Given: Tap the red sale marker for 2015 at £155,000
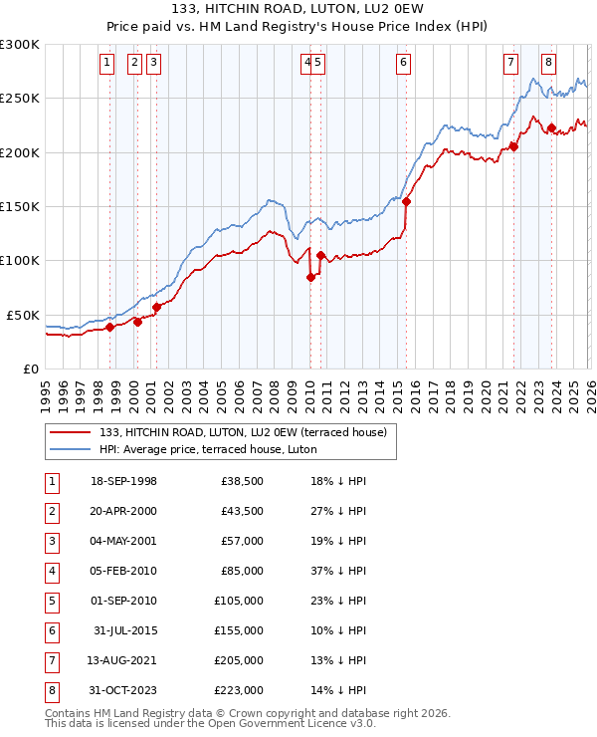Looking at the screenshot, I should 406,201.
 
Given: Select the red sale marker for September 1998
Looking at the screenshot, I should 109,327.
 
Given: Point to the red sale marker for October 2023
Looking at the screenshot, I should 551,127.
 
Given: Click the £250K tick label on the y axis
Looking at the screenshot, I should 19,99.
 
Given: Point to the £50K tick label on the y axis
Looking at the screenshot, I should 23,315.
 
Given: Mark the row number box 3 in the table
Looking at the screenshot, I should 50,541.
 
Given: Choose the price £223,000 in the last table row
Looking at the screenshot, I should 240,690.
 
